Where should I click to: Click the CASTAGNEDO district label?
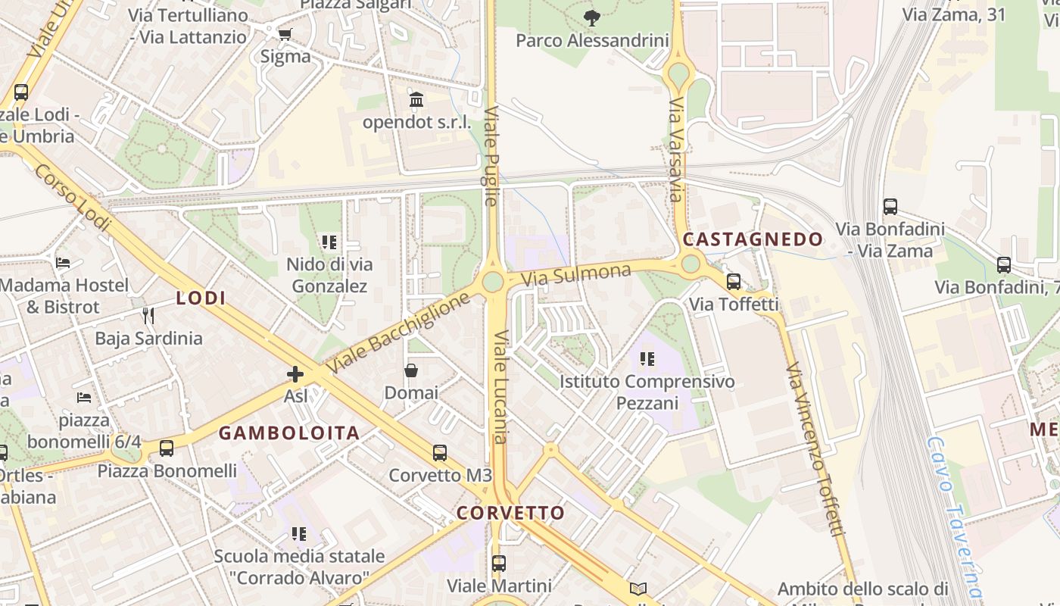753,239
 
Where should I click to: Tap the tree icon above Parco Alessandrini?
592,17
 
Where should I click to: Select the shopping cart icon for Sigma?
285,34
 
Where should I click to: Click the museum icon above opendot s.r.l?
416,100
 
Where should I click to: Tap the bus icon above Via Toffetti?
733,282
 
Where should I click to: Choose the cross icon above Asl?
295,374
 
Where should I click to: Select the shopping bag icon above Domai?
411,370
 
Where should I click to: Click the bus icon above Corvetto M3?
440,453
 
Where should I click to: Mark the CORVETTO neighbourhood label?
511,513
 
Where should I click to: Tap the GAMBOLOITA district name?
289,433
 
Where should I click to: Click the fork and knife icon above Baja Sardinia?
148,315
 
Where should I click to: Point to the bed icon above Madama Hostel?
64,263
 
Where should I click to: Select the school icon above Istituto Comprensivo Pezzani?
647,359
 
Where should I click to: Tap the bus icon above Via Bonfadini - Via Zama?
890,206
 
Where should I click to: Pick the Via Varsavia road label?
676,149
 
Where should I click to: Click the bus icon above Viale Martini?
498,564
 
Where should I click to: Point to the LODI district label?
201,298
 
